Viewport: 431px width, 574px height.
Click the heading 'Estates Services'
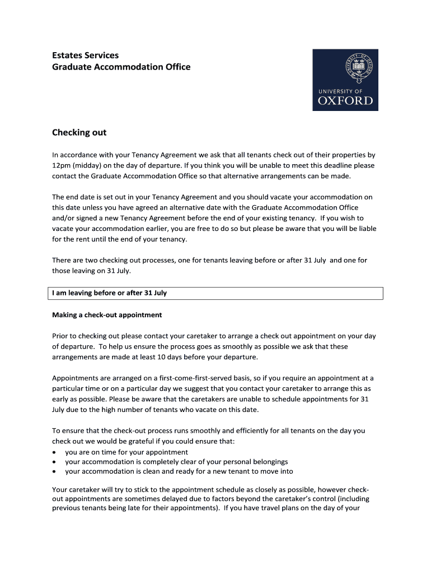click(x=85, y=55)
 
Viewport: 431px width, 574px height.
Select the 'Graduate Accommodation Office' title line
click(x=121, y=67)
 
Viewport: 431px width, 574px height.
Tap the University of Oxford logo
click(x=345, y=80)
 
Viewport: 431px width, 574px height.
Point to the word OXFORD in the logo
click(x=345, y=101)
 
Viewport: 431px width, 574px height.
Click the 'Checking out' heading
click(x=79, y=133)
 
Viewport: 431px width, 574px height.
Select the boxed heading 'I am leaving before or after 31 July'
click(x=110, y=293)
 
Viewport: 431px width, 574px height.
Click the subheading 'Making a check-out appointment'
click(x=107, y=315)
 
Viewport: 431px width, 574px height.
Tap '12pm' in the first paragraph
click(x=62, y=166)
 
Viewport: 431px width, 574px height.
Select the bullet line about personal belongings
click(x=176, y=462)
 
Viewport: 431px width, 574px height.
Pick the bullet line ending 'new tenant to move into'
click(x=179, y=471)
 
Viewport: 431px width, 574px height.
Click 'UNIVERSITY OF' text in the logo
click(x=340, y=91)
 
